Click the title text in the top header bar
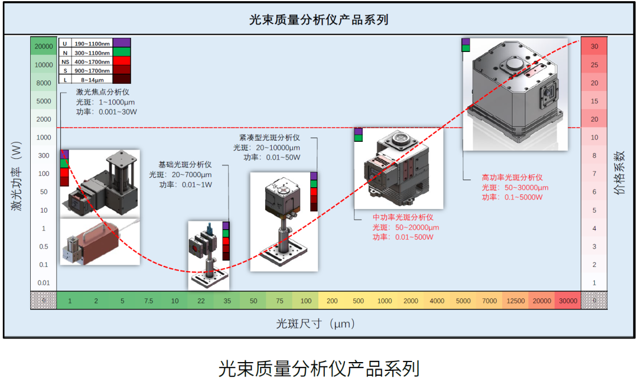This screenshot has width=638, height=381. (x=319, y=19)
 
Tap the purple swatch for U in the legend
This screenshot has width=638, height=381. (x=122, y=43)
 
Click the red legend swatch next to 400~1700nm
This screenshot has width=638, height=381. (x=122, y=61)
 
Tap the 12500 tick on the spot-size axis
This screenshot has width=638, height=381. (x=515, y=301)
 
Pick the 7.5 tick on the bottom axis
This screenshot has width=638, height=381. (x=148, y=301)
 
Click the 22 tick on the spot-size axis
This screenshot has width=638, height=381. (x=201, y=301)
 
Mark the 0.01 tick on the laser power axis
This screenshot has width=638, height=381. (x=44, y=283)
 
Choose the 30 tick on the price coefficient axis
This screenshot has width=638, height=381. (x=594, y=46)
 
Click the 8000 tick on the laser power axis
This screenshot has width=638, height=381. (x=44, y=83)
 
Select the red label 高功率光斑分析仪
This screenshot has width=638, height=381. (x=512, y=177)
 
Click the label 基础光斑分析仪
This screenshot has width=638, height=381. (x=184, y=165)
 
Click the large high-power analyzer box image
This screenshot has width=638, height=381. (x=516, y=95)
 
